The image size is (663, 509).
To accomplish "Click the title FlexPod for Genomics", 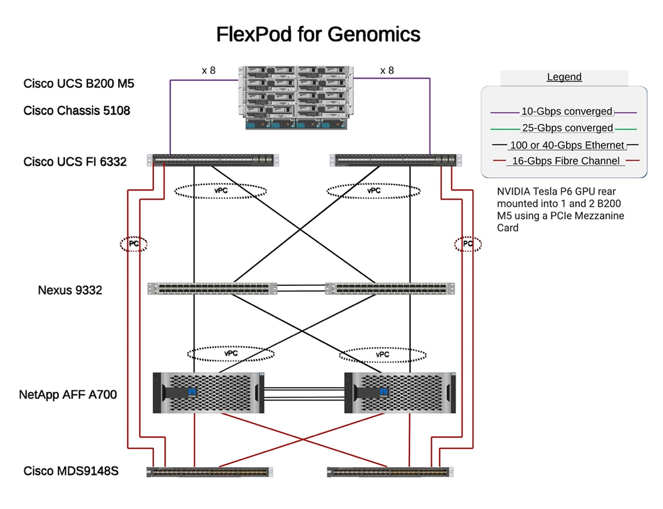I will (318, 34).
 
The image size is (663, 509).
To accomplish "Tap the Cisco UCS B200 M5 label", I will (79, 84).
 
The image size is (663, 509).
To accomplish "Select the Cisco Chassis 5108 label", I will (77, 111).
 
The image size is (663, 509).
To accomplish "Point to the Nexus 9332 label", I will (70, 290).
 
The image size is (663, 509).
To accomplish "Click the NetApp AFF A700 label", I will (68, 395).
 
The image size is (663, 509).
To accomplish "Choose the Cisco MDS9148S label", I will (71, 471).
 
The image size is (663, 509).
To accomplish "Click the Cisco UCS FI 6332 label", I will (75, 161).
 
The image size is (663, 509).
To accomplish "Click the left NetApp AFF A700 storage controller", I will (209, 392).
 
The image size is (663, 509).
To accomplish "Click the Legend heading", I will (564, 77).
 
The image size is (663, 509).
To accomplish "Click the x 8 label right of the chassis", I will (387, 71).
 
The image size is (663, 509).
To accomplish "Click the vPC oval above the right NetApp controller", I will (383, 354).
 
